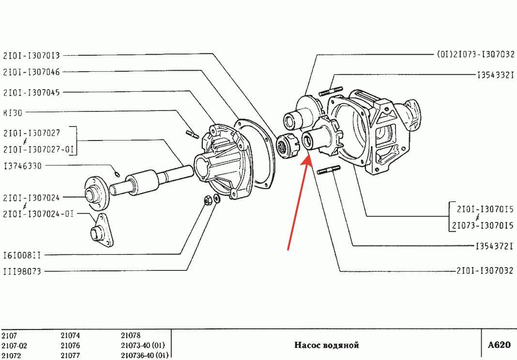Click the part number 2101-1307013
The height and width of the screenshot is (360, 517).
[x=31, y=55]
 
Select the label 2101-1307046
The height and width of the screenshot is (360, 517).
[x=31, y=72]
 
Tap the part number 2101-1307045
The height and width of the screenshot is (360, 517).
[x=31, y=92]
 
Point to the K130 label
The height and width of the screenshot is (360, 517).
[x=13, y=112]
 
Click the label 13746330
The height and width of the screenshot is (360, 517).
[x=23, y=165]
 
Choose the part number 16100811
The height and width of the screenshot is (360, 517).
[x=22, y=255]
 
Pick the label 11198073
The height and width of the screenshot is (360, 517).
[x=22, y=271]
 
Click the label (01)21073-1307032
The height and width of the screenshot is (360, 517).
[x=475, y=54]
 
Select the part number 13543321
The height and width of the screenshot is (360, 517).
[x=496, y=75]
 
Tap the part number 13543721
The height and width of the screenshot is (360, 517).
[x=494, y=246]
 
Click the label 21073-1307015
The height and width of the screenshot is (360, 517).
[x=483, y=225]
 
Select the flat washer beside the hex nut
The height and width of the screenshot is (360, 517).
[x=216, y=199]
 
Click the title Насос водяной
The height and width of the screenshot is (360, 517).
[x=326, y=345]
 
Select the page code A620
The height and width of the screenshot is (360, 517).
[x=499, y=345]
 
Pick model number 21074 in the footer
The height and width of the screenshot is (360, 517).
[x=70, y=336]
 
